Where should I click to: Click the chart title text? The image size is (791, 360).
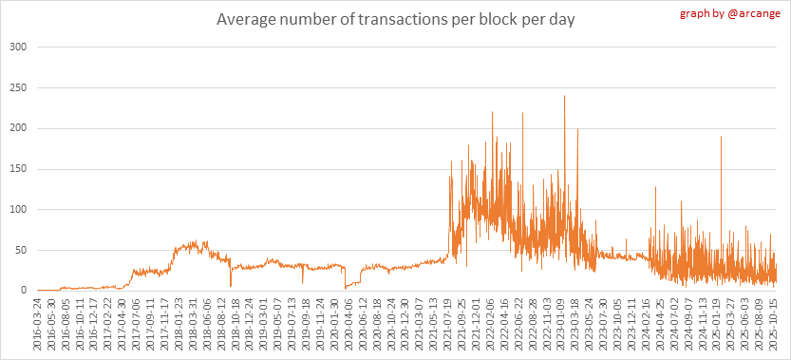click(x=395, y=21)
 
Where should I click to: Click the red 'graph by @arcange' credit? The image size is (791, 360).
click(x=730, y=13)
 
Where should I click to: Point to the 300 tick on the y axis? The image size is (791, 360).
click(x=18, y=47)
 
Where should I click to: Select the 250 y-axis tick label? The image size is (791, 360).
click(x=18, y=87)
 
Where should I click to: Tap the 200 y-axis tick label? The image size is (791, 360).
click(x=18, y=128)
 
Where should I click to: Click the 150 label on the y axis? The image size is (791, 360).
click(x=18, y=169)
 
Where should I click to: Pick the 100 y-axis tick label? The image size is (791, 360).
click(x=18, y=210)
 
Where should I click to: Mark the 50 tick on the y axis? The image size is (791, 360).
click(x=21, y=250)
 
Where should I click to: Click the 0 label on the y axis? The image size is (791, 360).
click(x=23, y=291)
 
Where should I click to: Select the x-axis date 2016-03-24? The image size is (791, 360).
click(x=37, y=322)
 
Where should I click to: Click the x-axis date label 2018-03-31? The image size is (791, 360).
click(x=193, y=322)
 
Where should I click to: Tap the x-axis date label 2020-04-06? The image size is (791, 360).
click(x=348, y=322)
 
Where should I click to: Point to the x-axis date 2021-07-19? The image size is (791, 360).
click(x=447, y=322)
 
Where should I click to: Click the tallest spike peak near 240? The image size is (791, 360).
click(x=564, y=96)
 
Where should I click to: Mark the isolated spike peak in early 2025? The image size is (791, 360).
click(x=722, y=137)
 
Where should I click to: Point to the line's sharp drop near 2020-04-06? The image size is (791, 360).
click(x=345, y=277)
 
